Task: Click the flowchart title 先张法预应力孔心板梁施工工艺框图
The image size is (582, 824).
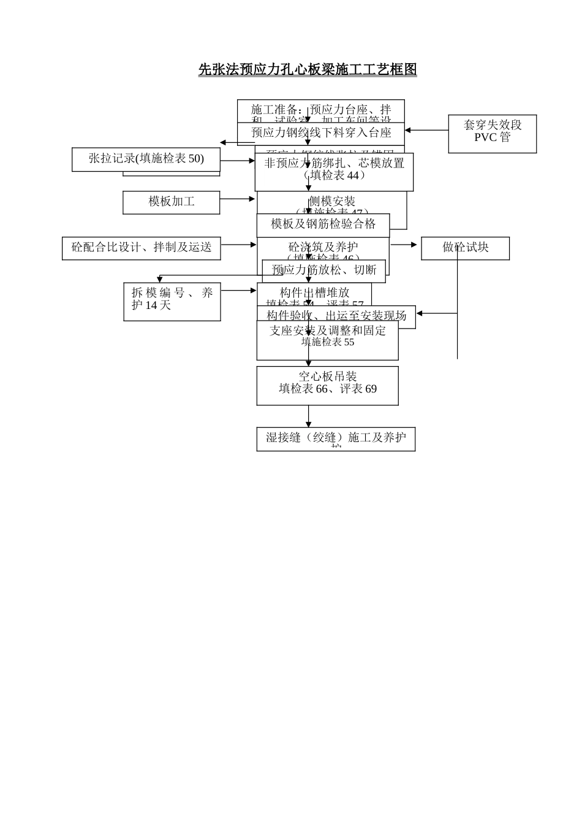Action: tap(308, 69)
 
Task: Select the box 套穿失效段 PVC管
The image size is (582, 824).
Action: tap(492, 134)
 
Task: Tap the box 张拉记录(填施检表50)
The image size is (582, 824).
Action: tap(146, 159)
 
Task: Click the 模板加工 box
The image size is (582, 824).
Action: tap(171, 202)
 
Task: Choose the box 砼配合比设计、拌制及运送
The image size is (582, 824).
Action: tap(142, 248)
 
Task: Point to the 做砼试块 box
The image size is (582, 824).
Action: tap(466, 248)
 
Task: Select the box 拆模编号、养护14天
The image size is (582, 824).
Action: tap(172, 302)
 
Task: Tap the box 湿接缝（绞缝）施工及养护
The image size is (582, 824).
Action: tap(336, 438)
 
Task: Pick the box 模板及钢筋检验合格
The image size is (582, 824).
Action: tap(323, 224)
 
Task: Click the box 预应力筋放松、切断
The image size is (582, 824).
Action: tap(323, 270)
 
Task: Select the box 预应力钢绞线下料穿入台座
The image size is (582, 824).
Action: tap(321, 133)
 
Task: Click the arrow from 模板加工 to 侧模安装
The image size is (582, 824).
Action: tap(238, 199)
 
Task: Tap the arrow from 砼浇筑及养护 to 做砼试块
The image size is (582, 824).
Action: tap(404, 245)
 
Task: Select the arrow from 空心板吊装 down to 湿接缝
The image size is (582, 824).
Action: tap(308, 416)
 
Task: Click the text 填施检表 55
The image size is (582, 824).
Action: tap(327, 342)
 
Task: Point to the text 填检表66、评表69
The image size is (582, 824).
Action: tap(327, 389)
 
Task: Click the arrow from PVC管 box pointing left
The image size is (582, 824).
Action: tap(426, 130)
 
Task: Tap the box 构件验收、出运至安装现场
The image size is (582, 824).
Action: tap(336, 316)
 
